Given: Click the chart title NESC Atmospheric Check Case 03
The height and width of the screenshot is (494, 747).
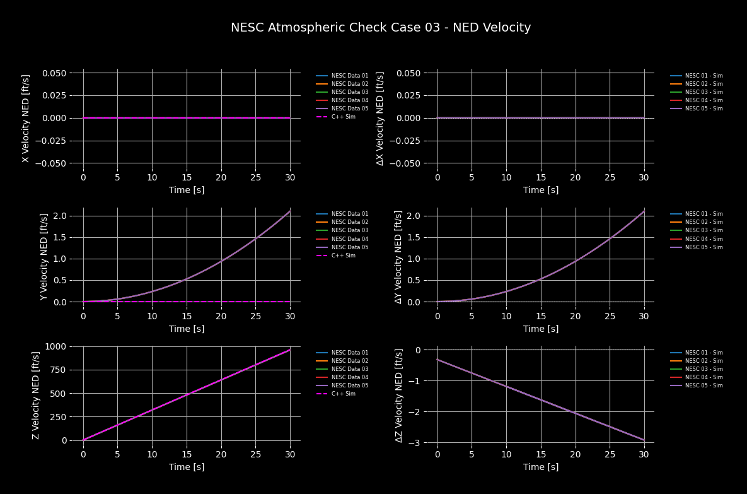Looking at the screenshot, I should [x=381, y=28].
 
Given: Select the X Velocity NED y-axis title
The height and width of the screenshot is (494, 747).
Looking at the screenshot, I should [x=26, y=118].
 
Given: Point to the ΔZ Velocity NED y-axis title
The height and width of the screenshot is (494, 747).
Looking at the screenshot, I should [x=398, y=395].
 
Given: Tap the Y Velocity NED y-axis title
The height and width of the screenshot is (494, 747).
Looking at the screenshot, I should [x=44, y=256].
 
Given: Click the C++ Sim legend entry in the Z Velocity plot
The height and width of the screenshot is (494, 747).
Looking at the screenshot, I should [x=343, y=394].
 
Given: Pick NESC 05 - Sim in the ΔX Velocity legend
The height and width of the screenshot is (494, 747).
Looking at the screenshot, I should [x=704, y=109].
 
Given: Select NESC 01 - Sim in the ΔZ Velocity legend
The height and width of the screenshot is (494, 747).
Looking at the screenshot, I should [x=704, y=353].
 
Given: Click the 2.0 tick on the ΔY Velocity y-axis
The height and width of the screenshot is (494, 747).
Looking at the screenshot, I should [x=411, y=216].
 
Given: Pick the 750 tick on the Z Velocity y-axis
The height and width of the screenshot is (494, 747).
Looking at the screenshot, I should [x=56, y=370].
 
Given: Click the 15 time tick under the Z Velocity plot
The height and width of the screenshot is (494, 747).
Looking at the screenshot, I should [x=186, y=454].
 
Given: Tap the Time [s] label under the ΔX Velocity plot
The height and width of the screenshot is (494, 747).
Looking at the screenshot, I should [x=540, y=190].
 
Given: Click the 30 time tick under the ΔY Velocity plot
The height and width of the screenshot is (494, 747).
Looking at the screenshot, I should [x=644, y=315].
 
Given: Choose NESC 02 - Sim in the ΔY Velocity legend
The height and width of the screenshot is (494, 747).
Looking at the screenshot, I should [x=704, y=222].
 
